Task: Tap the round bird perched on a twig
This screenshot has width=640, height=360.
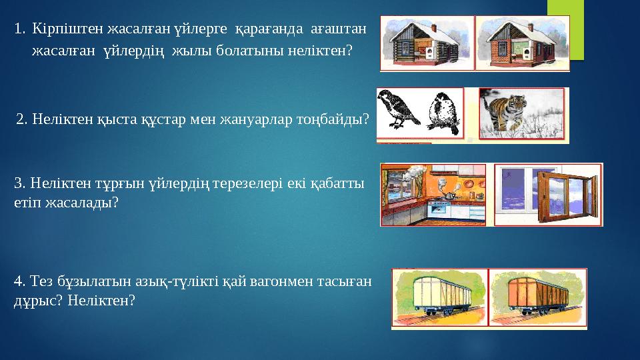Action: coord(441,110)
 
